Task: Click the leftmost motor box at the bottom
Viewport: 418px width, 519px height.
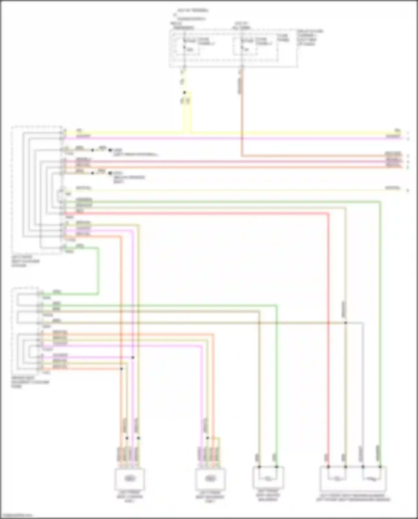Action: [x=130, y=479]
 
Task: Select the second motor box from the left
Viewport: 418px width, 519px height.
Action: [x=210, y=479]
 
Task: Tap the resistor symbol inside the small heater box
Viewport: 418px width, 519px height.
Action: [x=268, y=479]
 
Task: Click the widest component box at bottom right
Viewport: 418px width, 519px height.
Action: [x=353, y=478]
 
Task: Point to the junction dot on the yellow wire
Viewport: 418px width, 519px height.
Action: [x=184, y=93]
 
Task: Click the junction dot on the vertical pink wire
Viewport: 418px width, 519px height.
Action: [x=133, y=358]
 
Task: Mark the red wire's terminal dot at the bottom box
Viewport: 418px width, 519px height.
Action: [x=328, y=467]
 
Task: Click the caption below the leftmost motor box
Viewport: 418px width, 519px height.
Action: [x=130, y=497]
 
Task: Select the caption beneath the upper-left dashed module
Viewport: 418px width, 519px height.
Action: [x=26, y=261]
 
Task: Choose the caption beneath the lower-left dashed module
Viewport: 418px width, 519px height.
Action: [x=30, y=382]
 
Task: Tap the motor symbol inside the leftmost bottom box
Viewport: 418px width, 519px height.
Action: [x=130, y=479]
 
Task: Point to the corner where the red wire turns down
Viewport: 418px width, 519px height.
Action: [x=328, y=214]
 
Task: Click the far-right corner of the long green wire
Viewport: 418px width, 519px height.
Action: [x=380, y=201]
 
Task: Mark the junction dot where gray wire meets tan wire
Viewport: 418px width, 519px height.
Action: [x=346, y=323]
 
